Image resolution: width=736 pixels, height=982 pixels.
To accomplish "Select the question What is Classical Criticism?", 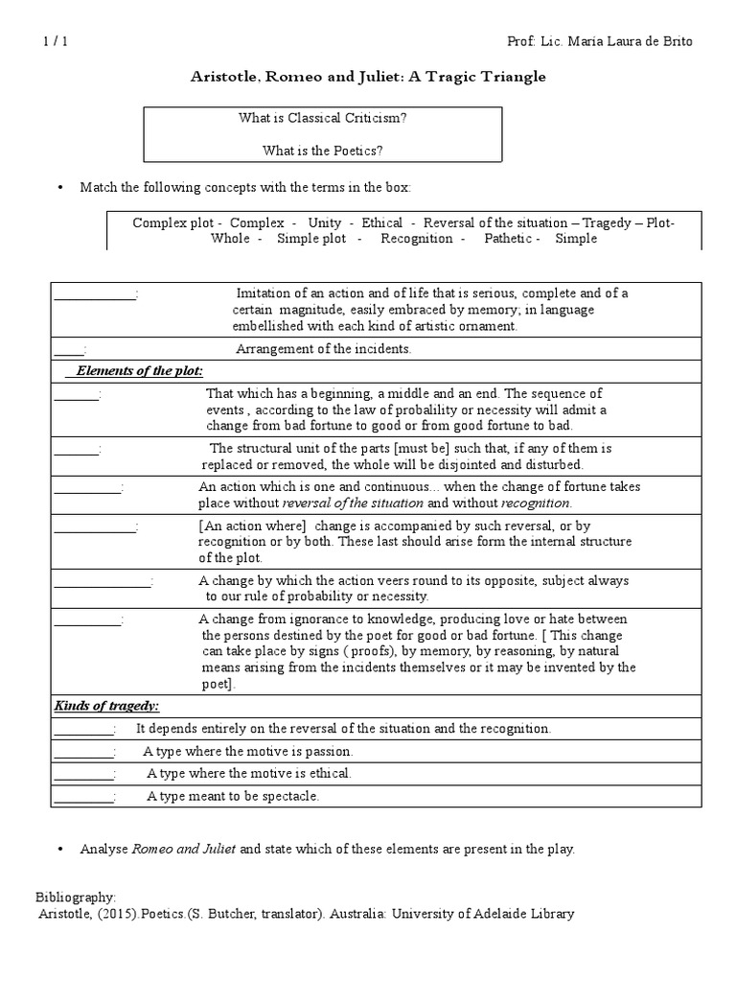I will (322, 117).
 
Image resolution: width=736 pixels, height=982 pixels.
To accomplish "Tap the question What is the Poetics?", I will (322, 150).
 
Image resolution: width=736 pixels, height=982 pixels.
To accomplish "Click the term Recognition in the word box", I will (417, 238).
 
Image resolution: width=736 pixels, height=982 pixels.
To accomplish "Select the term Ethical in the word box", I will (381, 222).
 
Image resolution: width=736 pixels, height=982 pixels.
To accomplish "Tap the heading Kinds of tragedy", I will (106, 706).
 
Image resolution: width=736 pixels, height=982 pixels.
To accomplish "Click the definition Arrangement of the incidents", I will (323, 349).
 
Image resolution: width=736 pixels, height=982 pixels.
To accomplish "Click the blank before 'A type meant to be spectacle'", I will (83, 796).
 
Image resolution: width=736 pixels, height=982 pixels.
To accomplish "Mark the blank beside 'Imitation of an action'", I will (95, 293).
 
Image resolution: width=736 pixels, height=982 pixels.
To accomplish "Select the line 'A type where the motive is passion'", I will (248, 751).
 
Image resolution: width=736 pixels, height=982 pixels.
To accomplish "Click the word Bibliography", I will (76, 898).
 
